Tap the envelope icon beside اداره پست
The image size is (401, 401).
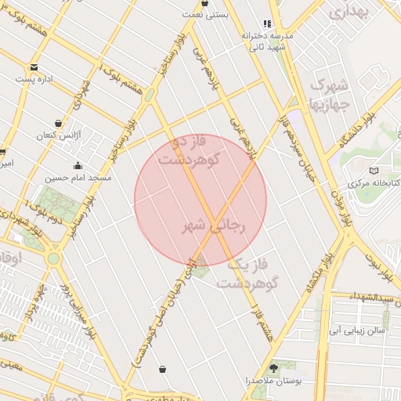(x=34, y=67)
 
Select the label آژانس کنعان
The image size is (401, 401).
(x=57, y=135)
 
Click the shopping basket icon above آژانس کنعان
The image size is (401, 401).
(x=58, y=123)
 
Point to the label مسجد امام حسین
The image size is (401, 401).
(x=78, y=178)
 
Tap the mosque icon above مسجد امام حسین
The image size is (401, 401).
(x=78, y=166)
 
